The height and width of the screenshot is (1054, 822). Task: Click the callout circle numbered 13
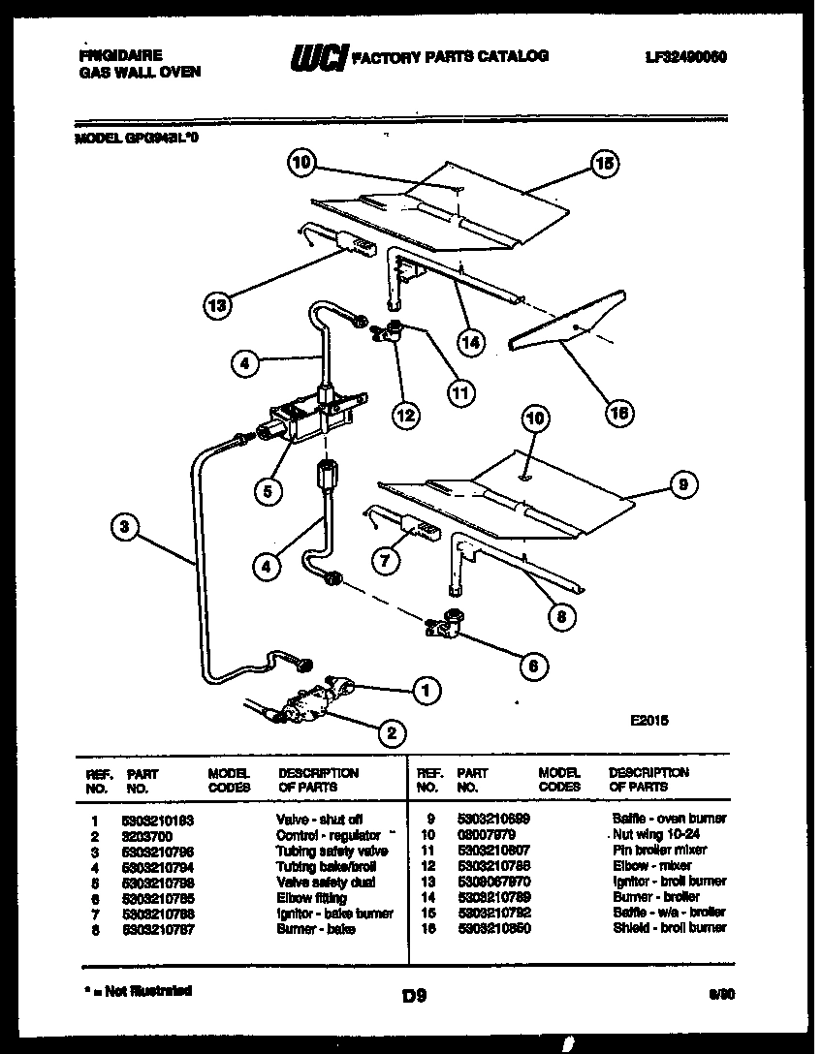219,306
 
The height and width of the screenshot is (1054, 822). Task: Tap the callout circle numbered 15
604,166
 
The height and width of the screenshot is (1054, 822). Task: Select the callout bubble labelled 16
618,413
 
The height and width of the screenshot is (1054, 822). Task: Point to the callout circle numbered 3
123,528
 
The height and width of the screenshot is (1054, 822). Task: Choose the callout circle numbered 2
391,733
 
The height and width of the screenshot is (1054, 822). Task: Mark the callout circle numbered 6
532,666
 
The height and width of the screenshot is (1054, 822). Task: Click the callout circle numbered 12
405,415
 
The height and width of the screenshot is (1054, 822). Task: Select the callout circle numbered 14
471,341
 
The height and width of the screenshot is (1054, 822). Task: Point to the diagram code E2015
648,720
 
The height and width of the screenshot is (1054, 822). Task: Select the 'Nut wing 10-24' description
655,834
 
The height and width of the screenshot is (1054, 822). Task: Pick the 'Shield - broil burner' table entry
669,928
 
